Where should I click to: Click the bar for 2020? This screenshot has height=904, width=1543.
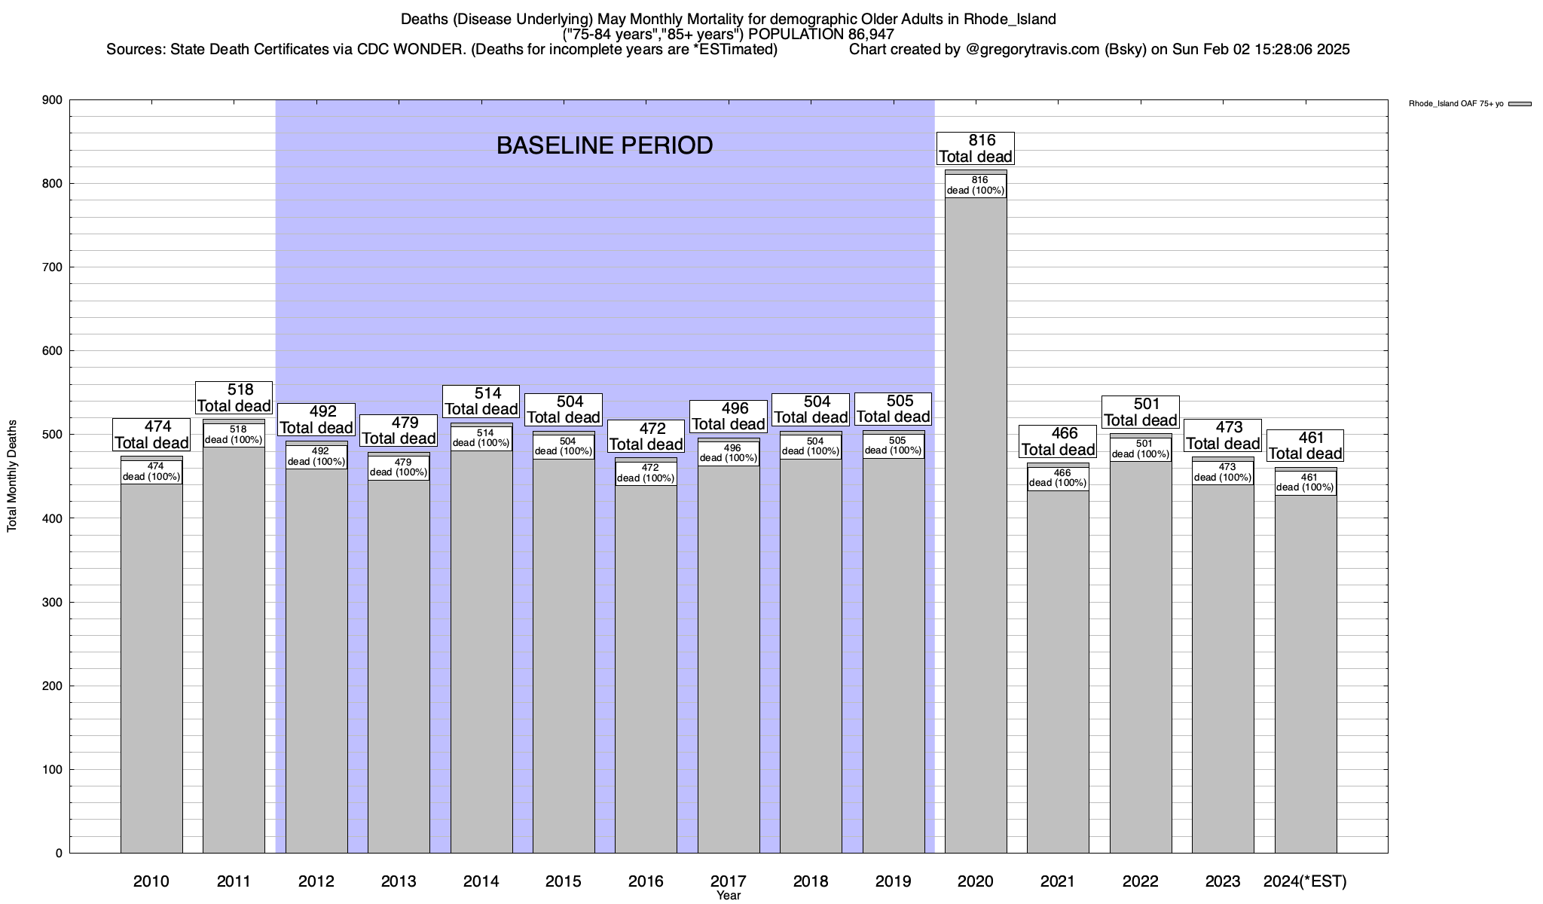point(976,527)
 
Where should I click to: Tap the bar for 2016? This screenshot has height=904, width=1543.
point(646,663)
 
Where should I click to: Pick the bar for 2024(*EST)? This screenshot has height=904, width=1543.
point(1306,670)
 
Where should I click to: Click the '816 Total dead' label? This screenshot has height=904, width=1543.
point(976,148)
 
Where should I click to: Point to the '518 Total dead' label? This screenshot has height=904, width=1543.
point(234,398)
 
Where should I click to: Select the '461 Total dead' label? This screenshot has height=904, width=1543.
point(1305,446)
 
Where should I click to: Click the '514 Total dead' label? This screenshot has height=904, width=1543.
point(481,402)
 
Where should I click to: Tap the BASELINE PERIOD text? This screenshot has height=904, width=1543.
point(604,145)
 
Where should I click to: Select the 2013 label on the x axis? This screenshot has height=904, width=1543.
point(399,881)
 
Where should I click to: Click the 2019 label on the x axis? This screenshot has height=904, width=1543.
point(893,881)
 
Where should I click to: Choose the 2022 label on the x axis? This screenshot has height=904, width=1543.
point(1140,881)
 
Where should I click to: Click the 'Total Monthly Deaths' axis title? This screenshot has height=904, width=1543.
point(12,476)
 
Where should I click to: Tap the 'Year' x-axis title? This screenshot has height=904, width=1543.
point(729,896)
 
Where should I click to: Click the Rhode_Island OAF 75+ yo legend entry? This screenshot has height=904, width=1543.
point(1469,104)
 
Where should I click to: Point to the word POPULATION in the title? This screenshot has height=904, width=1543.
point(795,35)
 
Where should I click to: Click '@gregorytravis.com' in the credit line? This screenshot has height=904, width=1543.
point(1031,50)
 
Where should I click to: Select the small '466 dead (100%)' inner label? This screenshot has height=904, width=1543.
point(1058,478)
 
